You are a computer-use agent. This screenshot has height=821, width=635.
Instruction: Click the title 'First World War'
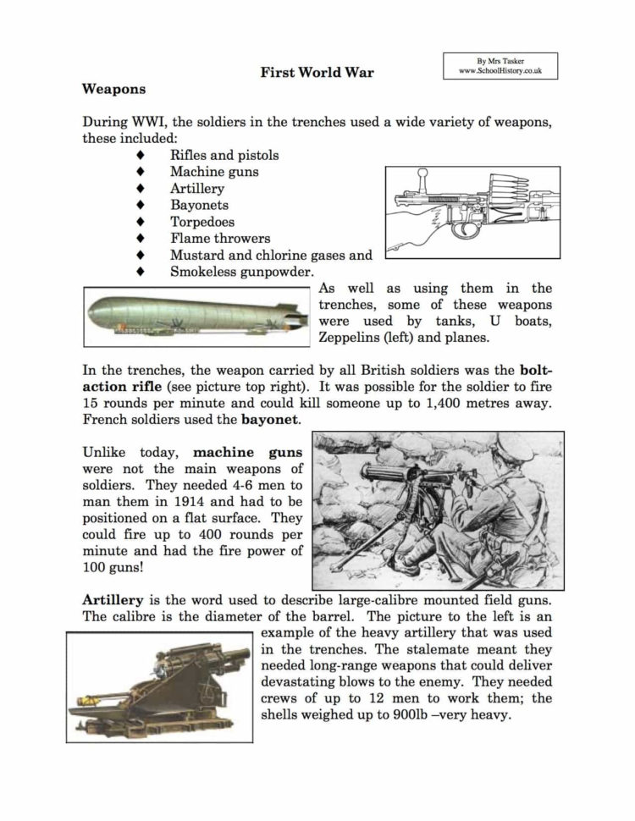(317, 72)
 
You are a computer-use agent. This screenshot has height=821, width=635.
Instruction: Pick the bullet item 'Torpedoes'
(202, 222)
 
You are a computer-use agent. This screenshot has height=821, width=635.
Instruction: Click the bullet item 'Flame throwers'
(220, 239)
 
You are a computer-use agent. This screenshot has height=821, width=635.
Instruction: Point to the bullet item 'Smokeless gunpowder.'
(242, 272)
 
